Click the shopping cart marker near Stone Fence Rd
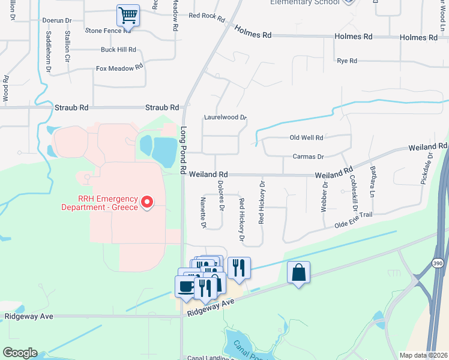[x=128, y=16]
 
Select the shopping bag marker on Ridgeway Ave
[x=299, y=273]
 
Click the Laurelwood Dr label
[x=225, y=118]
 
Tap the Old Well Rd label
[x=306, y=138]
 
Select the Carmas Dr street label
[x=308, y=157]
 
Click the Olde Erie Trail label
[x=354, y=219]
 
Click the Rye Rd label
[x=347, y=61]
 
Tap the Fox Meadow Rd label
[x=119, y=68]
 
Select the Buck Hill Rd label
[x=118, y=50]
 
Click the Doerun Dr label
[x=57, y=20]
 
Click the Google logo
[x=20, y=353]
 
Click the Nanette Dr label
[x=203, y=213]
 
